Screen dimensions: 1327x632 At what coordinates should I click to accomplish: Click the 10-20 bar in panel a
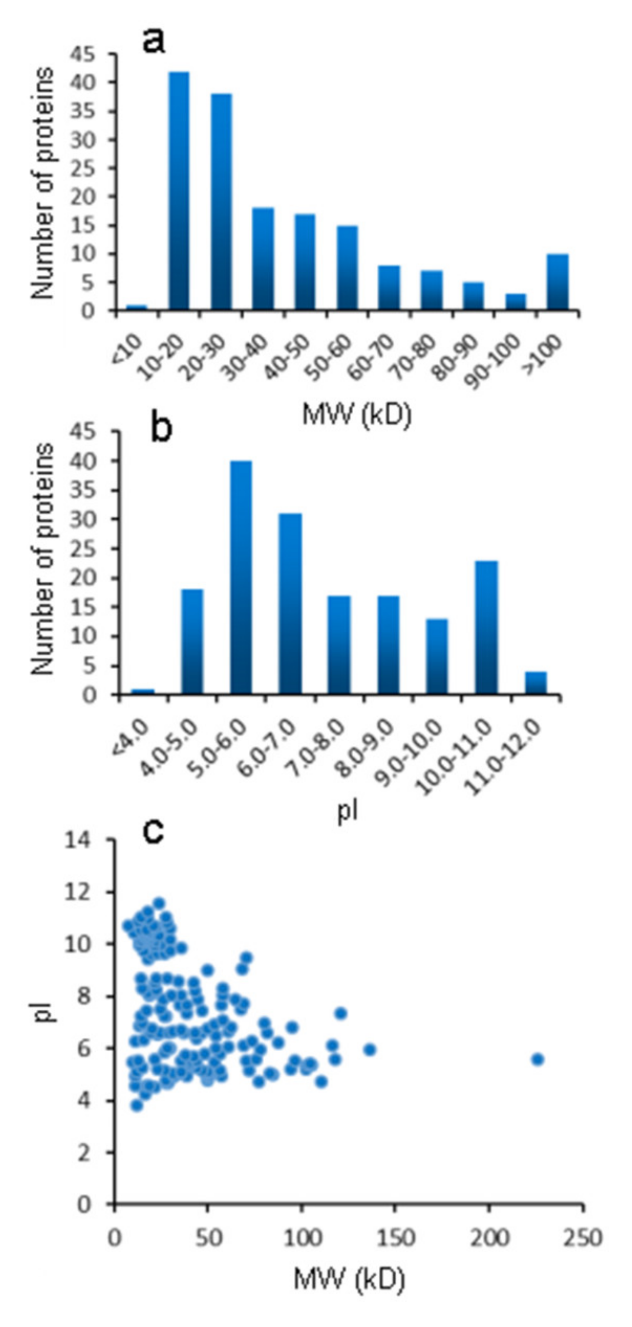[x=179, y=191]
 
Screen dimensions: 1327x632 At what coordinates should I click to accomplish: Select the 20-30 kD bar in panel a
[x=221, y=202]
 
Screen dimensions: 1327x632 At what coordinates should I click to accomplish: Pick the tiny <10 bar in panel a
[x=136, y=307]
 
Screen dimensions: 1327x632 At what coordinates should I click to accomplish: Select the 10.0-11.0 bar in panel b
[x=486, y=627]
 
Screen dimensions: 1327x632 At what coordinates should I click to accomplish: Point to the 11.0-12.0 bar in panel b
[x=536, y=683]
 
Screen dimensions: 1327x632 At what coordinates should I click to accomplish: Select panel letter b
[x=161, y=430]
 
